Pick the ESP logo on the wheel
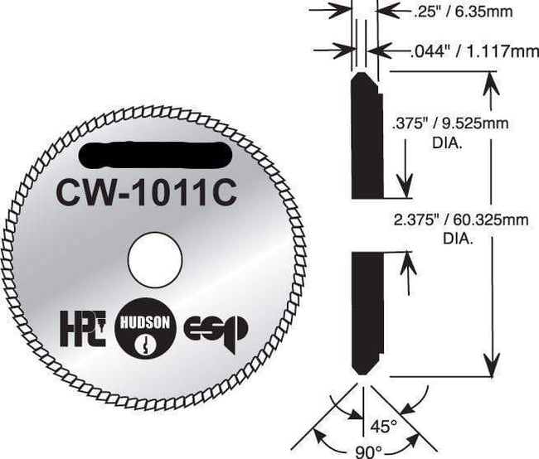[218, 329]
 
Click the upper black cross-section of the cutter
[364, 136]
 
